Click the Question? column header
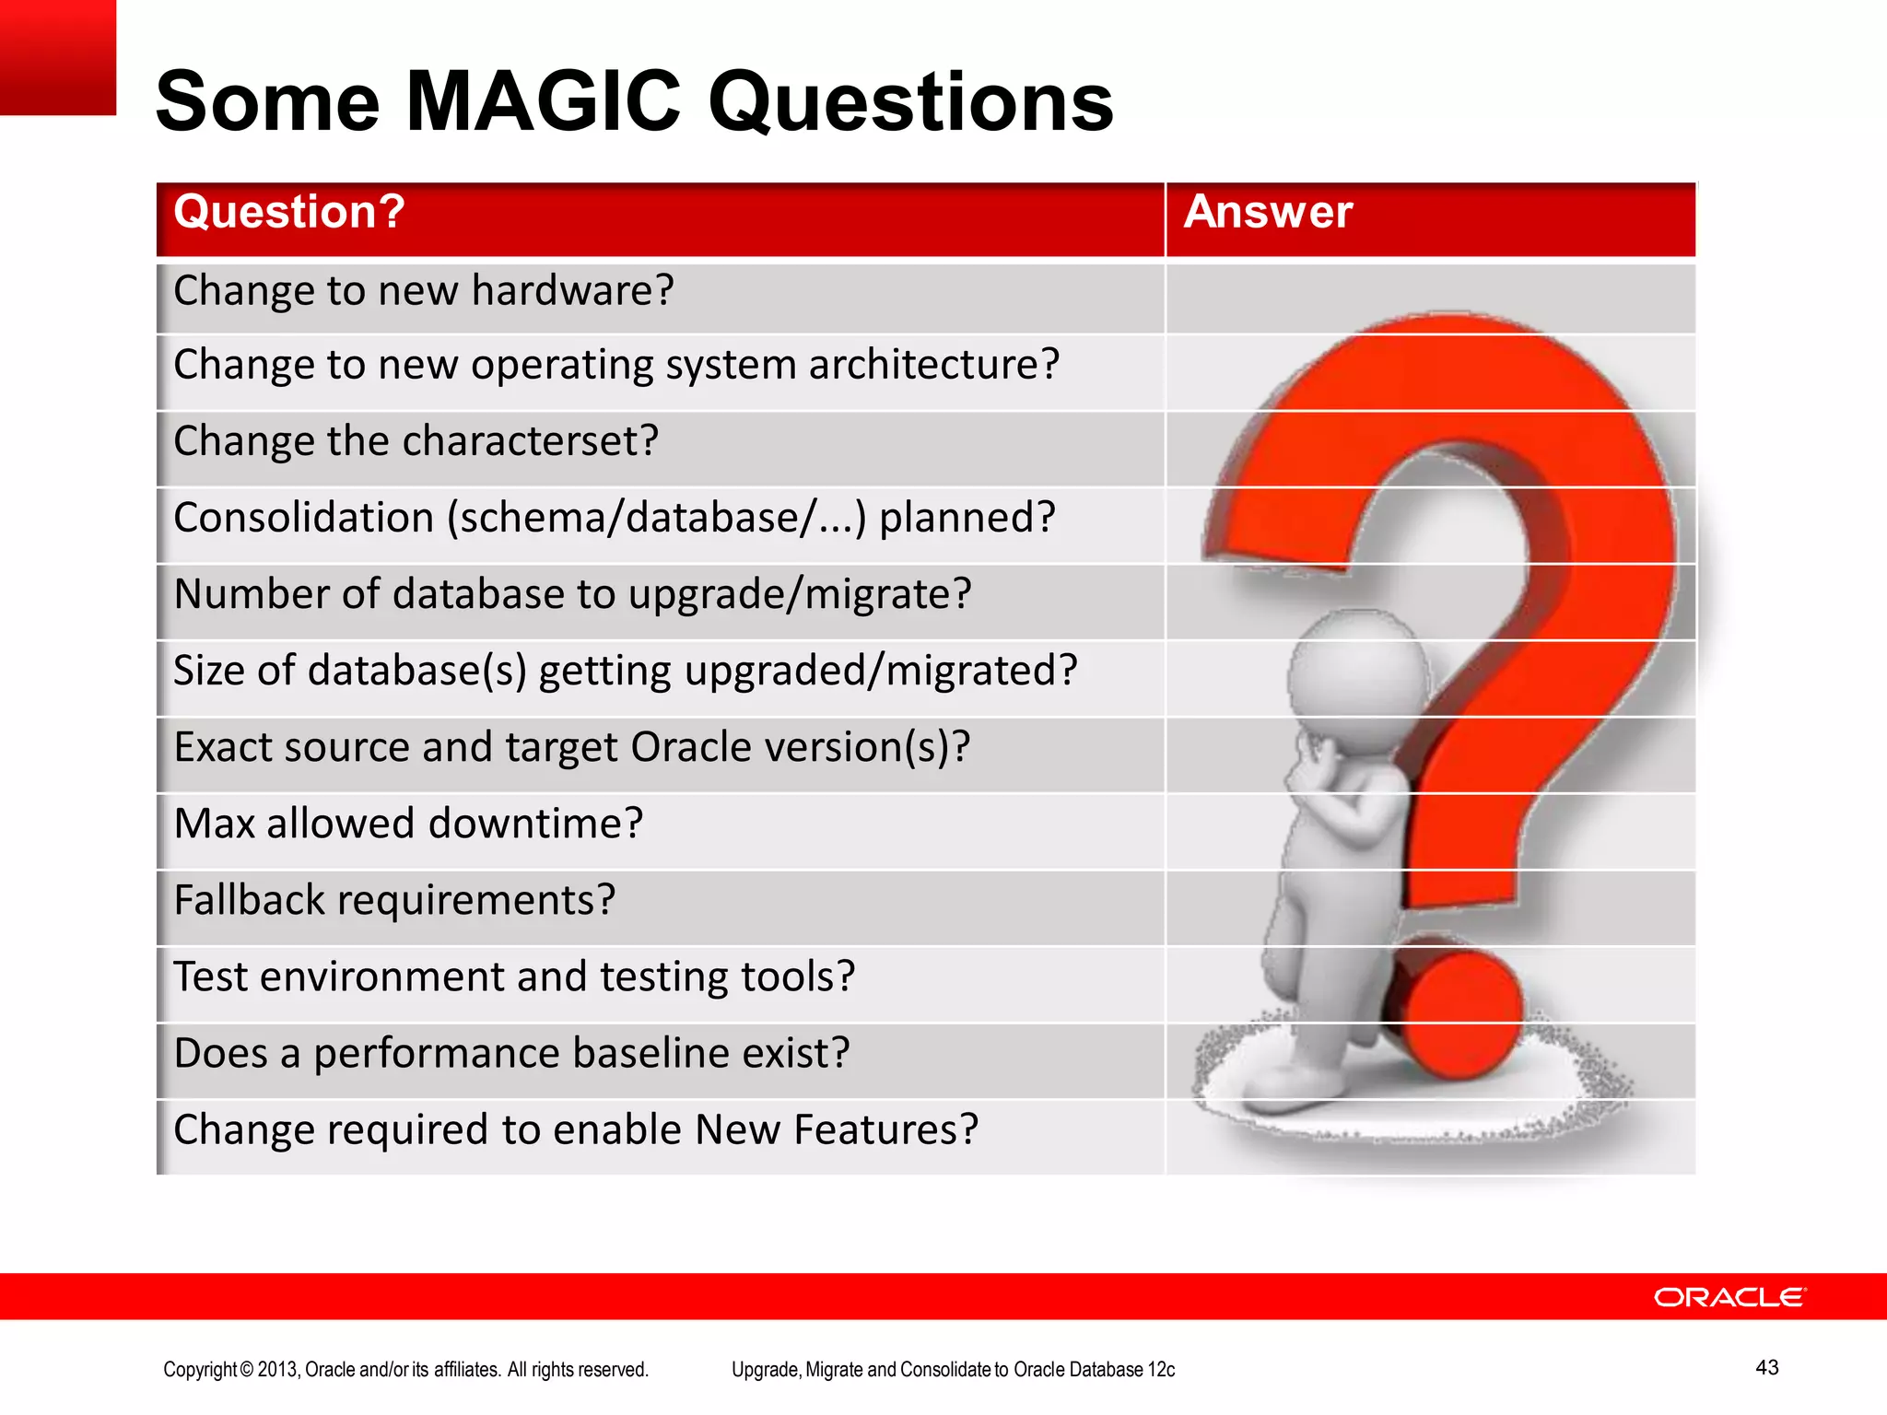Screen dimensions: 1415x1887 tap(289, 213)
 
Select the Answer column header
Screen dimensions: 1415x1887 tap(1268, 213)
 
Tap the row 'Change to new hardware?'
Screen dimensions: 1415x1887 tap(424, 292)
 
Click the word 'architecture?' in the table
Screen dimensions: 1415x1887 tap(934, 366)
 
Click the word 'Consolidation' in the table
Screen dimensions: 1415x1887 tap(303, 518)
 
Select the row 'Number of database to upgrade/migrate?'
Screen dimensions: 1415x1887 tap(572, 595)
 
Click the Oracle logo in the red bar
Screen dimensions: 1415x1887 tap(1729, 1297)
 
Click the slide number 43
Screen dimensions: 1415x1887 tap(1766, 1368)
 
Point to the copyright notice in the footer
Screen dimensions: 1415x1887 tap(405, 1370)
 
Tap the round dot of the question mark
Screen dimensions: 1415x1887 tap(1456, 1013)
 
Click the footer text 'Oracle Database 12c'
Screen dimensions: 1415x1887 tap(1094, 1370)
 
